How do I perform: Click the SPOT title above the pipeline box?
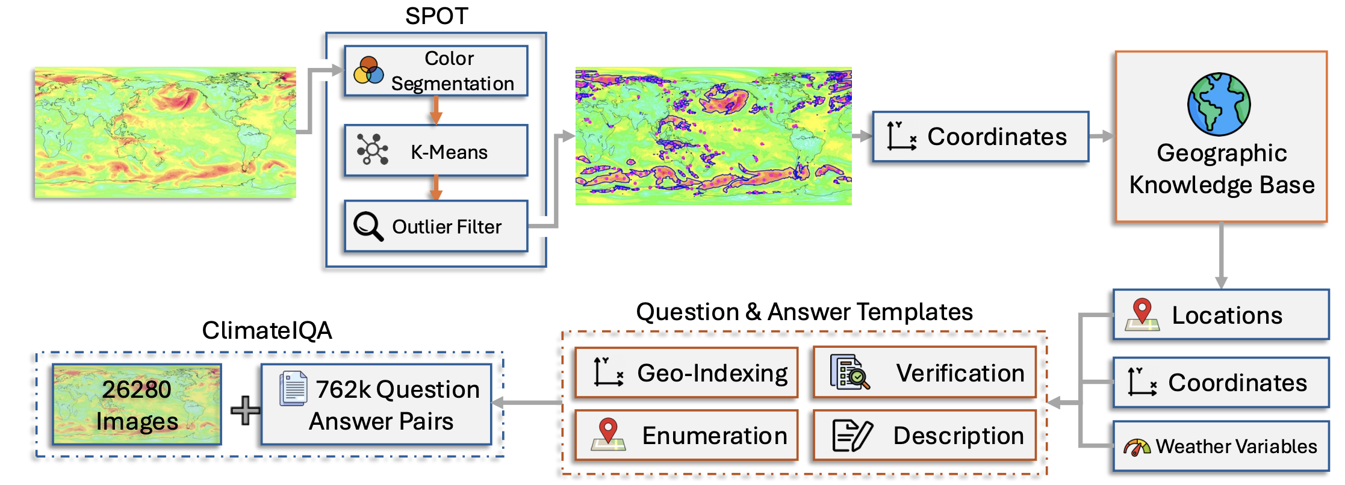pos(436,16)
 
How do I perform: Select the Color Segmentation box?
pos(436,71)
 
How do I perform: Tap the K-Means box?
pos(436,150)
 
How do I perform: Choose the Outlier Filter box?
pos(436,226)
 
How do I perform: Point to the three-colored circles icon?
pos(368,71)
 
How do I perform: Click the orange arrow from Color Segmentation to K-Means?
pos(436,111)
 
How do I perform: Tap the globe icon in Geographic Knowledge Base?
pos(1219,104)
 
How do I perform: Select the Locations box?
pos(1221,315)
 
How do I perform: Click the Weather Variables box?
pos(1221,446)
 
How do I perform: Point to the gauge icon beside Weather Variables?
pos(1137,447)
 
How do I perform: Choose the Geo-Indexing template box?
pos(686,372)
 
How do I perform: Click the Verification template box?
pos(925,372)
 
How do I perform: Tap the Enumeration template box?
pos(686,435)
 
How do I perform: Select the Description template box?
pos(925,435)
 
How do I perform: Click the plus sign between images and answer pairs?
pos(246,410)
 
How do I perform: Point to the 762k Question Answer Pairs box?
pos(376,404)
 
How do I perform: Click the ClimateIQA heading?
pos(267,330)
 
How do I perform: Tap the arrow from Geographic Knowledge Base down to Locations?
pos(1221,256)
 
